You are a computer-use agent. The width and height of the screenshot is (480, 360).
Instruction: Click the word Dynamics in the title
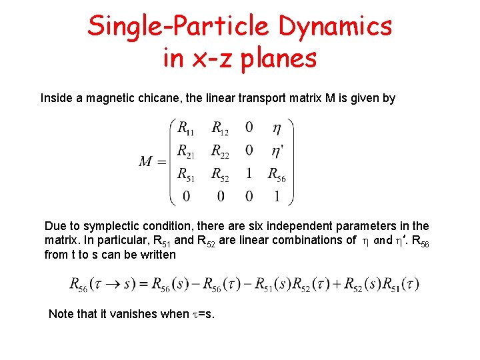335,27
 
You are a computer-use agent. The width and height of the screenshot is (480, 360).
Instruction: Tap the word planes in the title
275,59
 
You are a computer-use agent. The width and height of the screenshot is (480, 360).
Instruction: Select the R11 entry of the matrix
186,127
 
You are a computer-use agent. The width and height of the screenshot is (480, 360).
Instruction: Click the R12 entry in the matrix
220,127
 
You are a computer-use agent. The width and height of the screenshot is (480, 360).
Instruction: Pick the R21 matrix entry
186,151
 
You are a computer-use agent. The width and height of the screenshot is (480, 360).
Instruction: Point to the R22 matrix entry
220,151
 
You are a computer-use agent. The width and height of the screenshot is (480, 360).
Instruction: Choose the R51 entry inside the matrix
186,174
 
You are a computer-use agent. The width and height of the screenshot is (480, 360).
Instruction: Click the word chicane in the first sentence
173,99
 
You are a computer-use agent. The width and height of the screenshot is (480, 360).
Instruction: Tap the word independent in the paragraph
315,226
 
